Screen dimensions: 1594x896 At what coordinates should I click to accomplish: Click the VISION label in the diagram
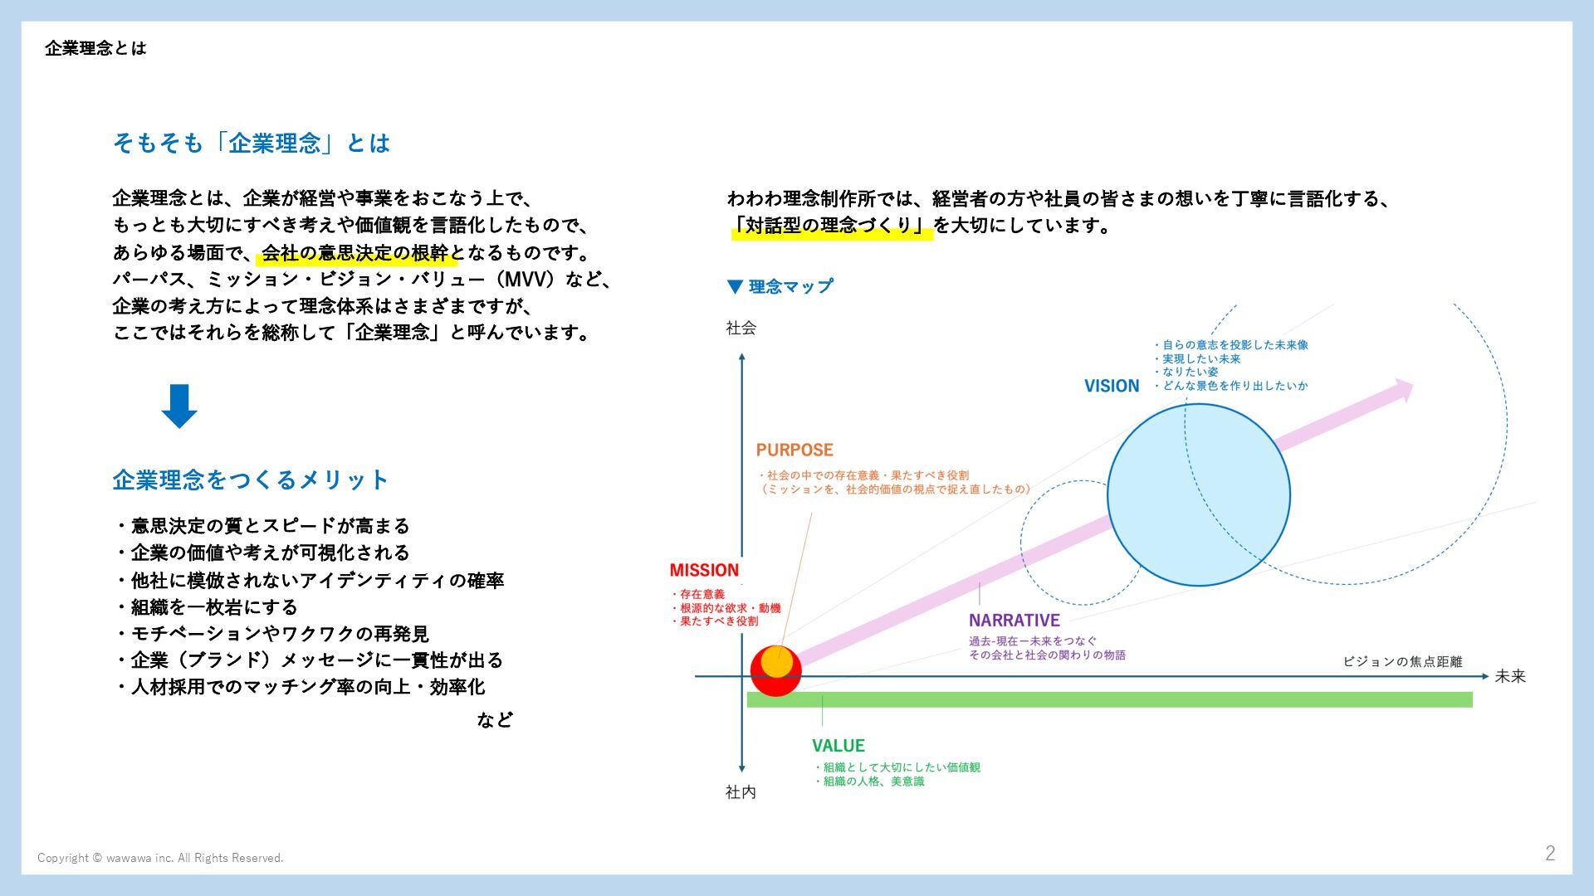pyautogui.click(x=1111, y=386)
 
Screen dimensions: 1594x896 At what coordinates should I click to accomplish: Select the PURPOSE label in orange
pyautogui.click(x=794, y=450)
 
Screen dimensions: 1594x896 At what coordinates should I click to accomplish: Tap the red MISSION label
pyautogui.click(x=704, y=570)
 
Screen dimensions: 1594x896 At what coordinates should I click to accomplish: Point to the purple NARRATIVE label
pyautogui.click(x=1014, y=620)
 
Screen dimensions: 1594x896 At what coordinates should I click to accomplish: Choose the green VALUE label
pyautogui.click(x=838, y=745)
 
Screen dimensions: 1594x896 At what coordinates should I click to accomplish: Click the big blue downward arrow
pyautogui.click(x=178, y=406)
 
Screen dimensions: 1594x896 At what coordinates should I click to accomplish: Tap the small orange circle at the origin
pyautogui.click(x=776, y=661)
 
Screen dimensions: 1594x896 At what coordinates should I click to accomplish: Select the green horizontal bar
pyautogui.click(x=1109, y=699)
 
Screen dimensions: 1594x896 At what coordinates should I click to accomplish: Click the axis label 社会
pyautogui.click(x=741, y=328)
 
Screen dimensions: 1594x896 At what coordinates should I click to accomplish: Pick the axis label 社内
pyautogui.click(x=741, y=791)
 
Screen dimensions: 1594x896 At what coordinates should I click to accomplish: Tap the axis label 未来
pyautogui.click(x=1510, y=676)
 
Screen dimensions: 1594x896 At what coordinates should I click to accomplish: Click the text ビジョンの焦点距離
pyautogui.click(x=1402, y=661)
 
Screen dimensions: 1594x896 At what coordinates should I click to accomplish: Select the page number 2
pyautogui.click(x=1549, y=853)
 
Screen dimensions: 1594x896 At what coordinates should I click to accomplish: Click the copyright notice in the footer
pyautogui.click(x=160, y=858)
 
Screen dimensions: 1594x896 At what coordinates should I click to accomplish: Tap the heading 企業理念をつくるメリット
pyautogui.click(x=250, y=480)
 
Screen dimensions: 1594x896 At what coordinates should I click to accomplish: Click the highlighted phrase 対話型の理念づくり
pyautogui.click(x=831, y=225)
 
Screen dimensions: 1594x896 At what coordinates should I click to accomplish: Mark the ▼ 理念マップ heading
pyautogui.click(x=780, y=286)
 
